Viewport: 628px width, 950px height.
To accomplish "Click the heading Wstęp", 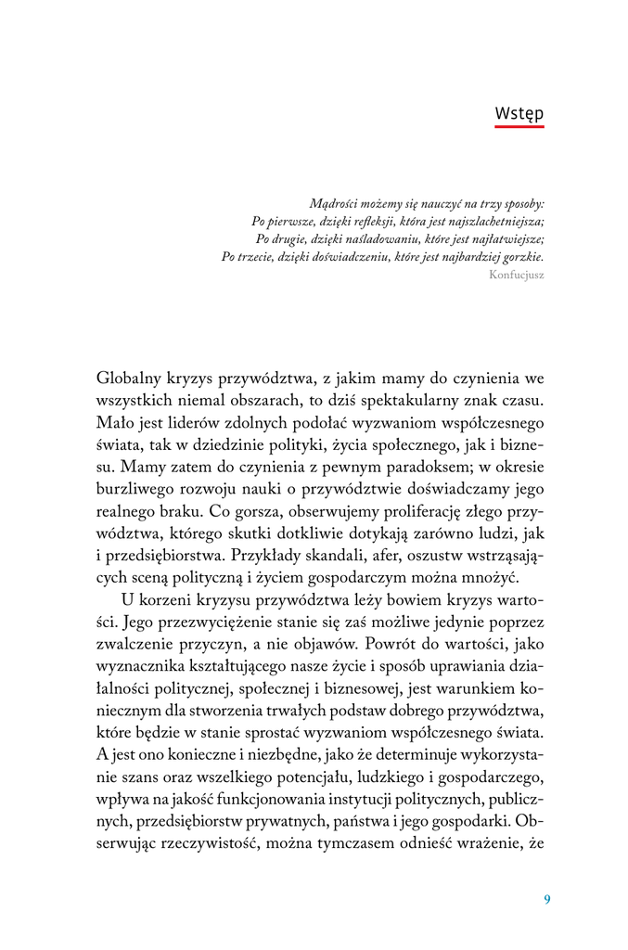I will pyautogui.click(x=519, y=112).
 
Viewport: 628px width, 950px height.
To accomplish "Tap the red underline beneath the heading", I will pyautogui.click(x=519, y=126).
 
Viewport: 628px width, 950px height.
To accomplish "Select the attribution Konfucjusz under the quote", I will pyautogui.click(x=516, y=276).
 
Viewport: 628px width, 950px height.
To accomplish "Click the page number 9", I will pyautogui.click(x=547, y=899).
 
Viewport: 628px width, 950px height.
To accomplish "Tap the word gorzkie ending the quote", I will pyautogui.click(x=522, y=256).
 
